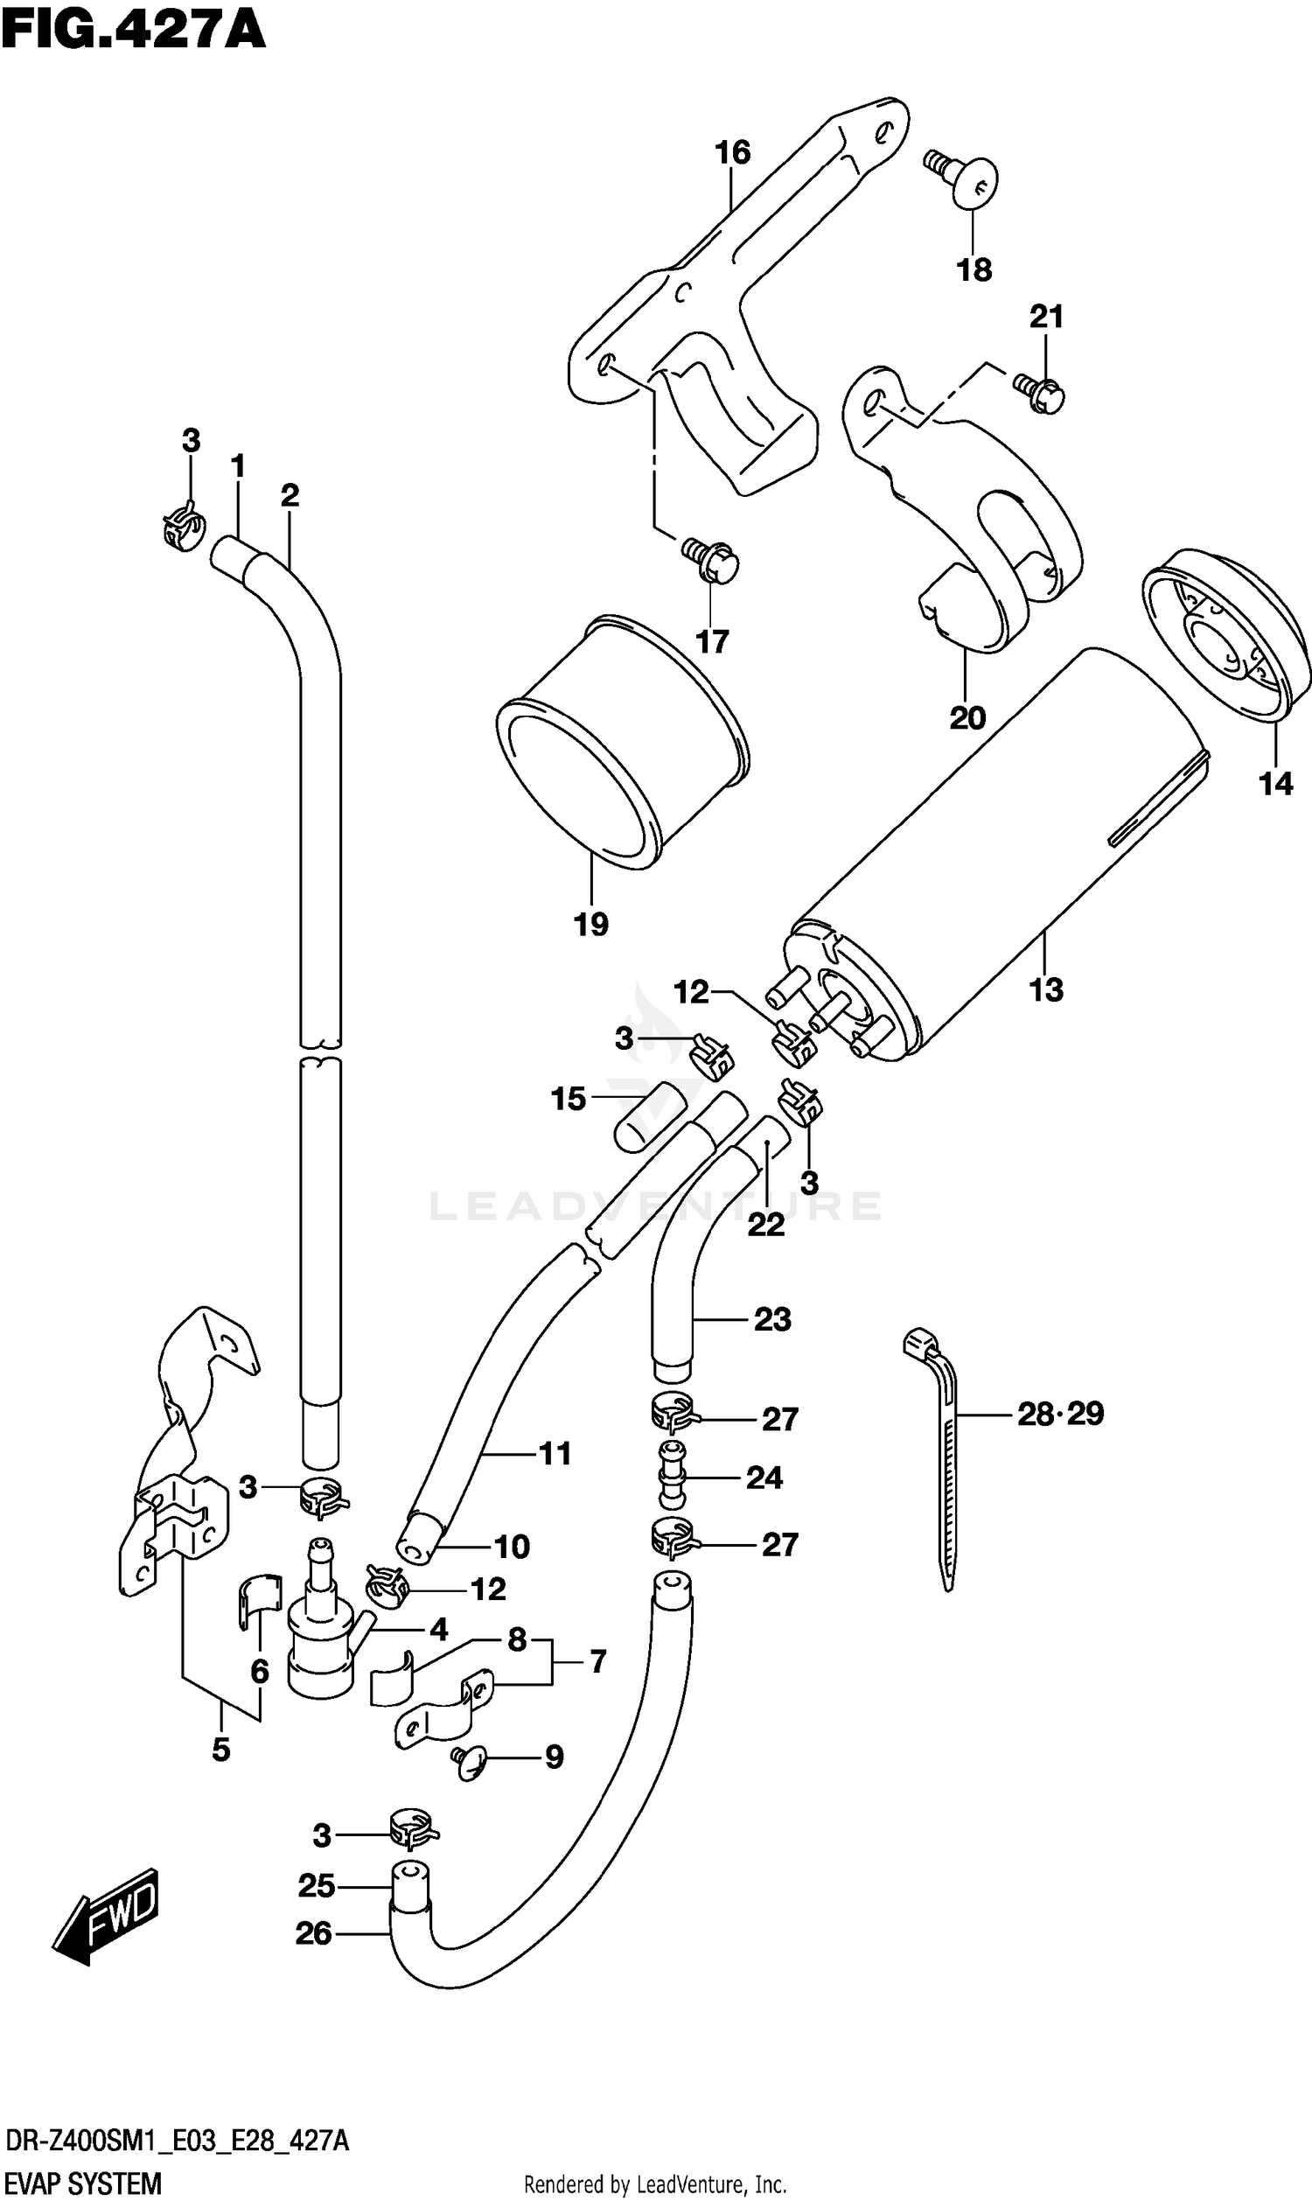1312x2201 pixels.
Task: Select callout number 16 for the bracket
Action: point(732,153)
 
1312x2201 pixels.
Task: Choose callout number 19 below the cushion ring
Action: point(590,925)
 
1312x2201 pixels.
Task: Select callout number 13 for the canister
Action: point(1045,990)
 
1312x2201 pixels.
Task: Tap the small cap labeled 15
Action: point(649,1115)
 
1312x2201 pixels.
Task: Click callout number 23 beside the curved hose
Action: point(771,1320)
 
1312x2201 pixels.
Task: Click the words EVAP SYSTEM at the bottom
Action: point(83,2182)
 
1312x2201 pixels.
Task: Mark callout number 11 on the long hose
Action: point(555,1453)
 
